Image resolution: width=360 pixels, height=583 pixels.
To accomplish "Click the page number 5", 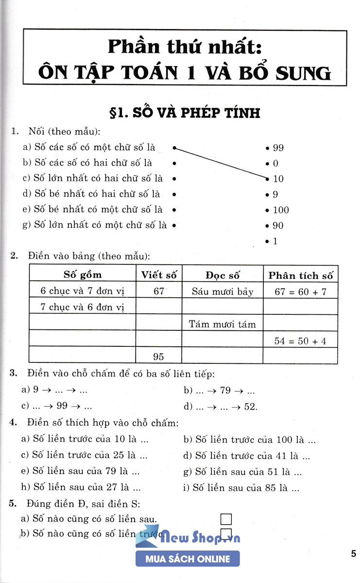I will coord(353,554).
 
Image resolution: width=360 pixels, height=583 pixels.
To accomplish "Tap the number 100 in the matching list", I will coord(281,210).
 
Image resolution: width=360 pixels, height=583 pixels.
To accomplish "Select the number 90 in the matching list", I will coord(278,225).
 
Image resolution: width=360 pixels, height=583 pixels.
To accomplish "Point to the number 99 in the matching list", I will coord(278,148).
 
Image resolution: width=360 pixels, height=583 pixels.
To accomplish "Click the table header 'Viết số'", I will coord(159,274).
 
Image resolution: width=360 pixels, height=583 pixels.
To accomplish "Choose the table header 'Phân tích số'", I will coord(301,275).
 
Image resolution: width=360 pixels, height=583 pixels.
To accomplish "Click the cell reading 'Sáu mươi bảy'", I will coord(223,291).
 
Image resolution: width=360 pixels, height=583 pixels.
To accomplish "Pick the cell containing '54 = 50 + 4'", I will coord(300,341).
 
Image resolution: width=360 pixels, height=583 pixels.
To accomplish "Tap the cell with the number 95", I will coord(159,357).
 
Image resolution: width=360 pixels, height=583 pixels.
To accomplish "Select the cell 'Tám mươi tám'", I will coord(223,324).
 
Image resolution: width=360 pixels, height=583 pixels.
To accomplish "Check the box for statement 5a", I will coord(226,519).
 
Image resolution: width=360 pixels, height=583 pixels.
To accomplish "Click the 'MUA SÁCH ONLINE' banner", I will coord(188,559).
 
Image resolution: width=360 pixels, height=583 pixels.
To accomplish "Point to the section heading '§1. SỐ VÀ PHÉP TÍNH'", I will coord(186,113).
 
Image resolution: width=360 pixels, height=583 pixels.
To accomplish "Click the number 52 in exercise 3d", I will coord(251,407).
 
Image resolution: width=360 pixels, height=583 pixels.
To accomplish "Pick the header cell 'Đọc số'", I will coord(223,275).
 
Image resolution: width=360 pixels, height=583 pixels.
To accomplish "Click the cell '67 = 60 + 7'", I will coord(300,291).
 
